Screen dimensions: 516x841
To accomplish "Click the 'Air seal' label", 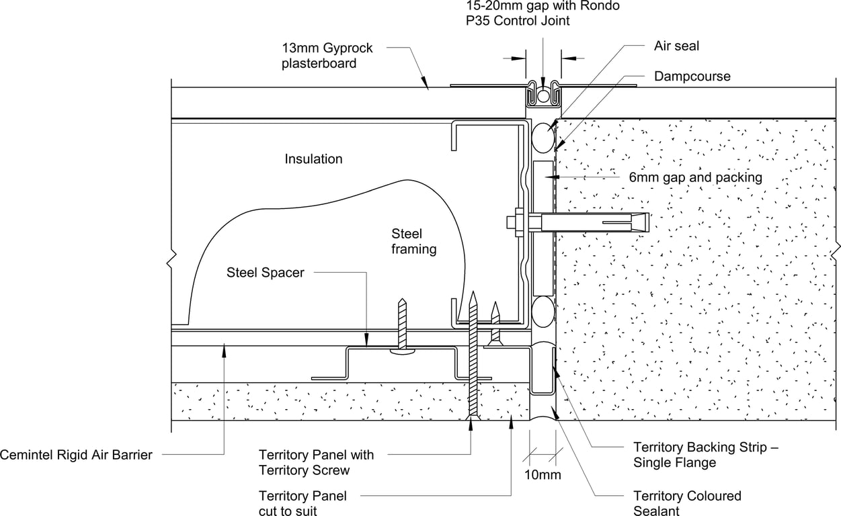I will [x=676, y=46].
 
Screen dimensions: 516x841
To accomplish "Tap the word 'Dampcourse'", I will [x=692, y=77].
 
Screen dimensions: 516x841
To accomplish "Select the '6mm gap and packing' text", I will [x=695, y=177].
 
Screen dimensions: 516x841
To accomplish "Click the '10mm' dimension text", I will [x=543, y=475].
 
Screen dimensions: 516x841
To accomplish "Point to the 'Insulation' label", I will [x=313, y=159].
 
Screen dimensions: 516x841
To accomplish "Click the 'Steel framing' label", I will [x=413, y=241].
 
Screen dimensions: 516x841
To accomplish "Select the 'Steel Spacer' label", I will [x=265, y=272].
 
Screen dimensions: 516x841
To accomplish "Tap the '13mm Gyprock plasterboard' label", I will [x=327, y=56].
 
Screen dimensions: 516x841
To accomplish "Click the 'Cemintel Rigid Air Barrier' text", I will [x=76, y=455].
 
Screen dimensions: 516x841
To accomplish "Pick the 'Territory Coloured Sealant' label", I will [x=687, y=503].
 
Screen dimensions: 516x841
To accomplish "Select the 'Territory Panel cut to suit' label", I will [x=303, y=503].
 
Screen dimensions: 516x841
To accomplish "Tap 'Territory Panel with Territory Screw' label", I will [x=316, y=462].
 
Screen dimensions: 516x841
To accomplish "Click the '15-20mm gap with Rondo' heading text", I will [x=543, y=6].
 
